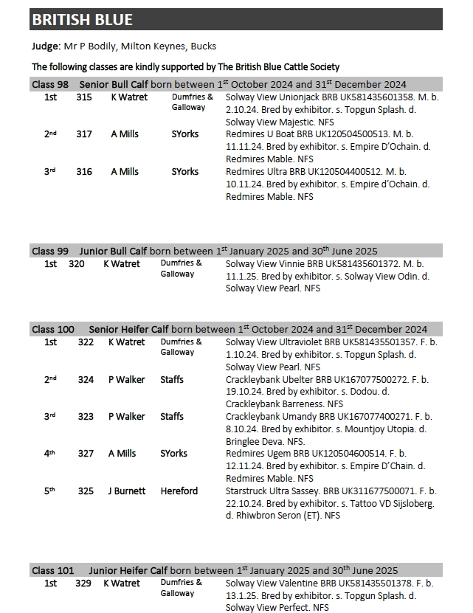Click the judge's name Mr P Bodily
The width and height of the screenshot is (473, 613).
click(97, 46)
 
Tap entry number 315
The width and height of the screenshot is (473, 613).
click(84, 97)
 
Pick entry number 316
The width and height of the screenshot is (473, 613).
click(84, 172)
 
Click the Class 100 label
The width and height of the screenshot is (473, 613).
click(53, 329)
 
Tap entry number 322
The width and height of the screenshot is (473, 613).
click(86, 342)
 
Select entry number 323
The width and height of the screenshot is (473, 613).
click(86, 417)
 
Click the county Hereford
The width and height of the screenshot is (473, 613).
click(179, 491)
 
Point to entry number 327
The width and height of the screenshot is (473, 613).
click(86, 454)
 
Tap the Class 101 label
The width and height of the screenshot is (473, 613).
click(53, 570)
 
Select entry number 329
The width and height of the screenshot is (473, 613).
click(83, 583)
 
